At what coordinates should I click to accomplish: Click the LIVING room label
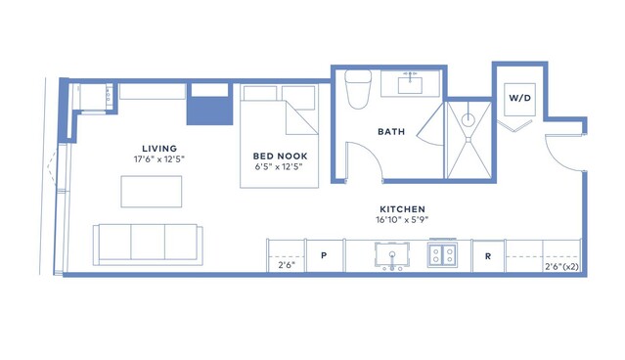pyautogui.click(x=159, y=149)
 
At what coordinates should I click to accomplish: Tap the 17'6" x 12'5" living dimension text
pyautogui.click(x=159, y=159)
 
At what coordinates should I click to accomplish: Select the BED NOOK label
pyautogui.click(x=280, y=156)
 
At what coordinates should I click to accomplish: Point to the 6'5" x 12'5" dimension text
pyautogui.click(x=279, y=166)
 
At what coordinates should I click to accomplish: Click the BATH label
pyautogui.click(x=391, y=131)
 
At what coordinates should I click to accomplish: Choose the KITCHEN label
pyautogui.click(x=403, y=209)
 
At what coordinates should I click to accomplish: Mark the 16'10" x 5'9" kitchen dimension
pyautogui.click(x=402, y=220)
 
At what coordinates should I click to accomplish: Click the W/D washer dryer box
pyautogui.click(x=519, y=99)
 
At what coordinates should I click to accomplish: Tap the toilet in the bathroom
pyautogui.click(x=358, y=89)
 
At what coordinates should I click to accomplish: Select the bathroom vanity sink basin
pyautogui.click(x=410, y=85)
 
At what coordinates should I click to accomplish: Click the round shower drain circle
pyautogui.click(x=469, y=119)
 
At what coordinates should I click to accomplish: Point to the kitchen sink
pyautogui.click(x=392, y=255)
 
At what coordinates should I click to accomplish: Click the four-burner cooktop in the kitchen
pyautogui.click(x=442, y=255)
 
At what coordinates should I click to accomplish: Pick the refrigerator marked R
pyautogui.click(x=488, y=256)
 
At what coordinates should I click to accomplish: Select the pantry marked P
pyautogui.click(x=324, y=255)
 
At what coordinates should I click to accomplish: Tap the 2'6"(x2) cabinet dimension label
pyautogui.click(x=561, y=267)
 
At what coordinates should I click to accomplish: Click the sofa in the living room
pyautogui.click(x=148, y=245)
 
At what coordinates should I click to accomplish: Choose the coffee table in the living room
pyautogui.click(x=152, y=192)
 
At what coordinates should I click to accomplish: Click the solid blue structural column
pyautogui.click(x=209, y=111)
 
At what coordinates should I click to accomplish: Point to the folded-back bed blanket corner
pyautogui.click(x=301, y=117)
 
